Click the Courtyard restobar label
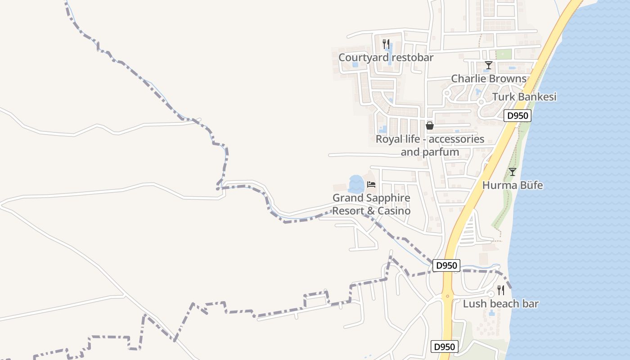click(x=386, y=58)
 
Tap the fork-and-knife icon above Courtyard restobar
click(x=386, y=44)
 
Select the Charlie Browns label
click(x=489, y=79)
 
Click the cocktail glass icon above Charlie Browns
click(x=488, y=65)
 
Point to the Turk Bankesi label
click(x=524, y=97)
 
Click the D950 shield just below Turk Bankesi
click(x=517, y=116)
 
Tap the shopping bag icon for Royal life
click(x=430, y=126)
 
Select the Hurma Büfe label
click(x=513, y=185)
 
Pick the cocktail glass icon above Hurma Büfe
click(x=512, y=171)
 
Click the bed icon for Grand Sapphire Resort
click(x=371, y=184)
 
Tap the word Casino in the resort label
click(x=394, y=211)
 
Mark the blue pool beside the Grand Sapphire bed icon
click(x=356, y=184)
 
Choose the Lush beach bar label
click(x=501, y=304)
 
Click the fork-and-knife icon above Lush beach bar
click(x=500, y=290)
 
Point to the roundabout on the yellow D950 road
click(x=447, y=296)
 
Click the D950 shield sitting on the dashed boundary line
click(x=447, y=265)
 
